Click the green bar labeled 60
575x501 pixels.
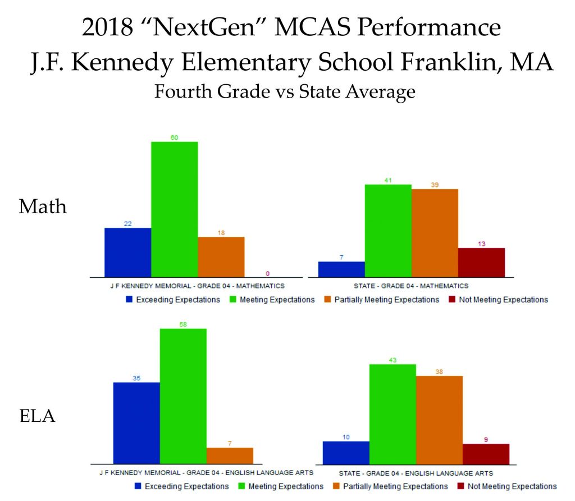[x=174, y=209]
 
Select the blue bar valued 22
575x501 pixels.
[x=127, y=252]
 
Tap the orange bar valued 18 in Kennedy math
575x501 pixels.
[x=221, y=256]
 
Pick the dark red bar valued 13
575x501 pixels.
[x=481, y=262]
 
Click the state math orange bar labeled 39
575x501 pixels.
[x=435, y=233]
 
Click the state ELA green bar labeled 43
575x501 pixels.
[x=392, y=414]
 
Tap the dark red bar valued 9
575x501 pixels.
[x=486, y=454]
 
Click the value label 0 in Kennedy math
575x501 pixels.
[x=267, y=273]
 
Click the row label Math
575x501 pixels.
[x=43, y=206]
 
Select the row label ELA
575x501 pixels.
[x=37, y=417]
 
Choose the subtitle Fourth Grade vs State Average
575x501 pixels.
[x=285, y=91]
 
